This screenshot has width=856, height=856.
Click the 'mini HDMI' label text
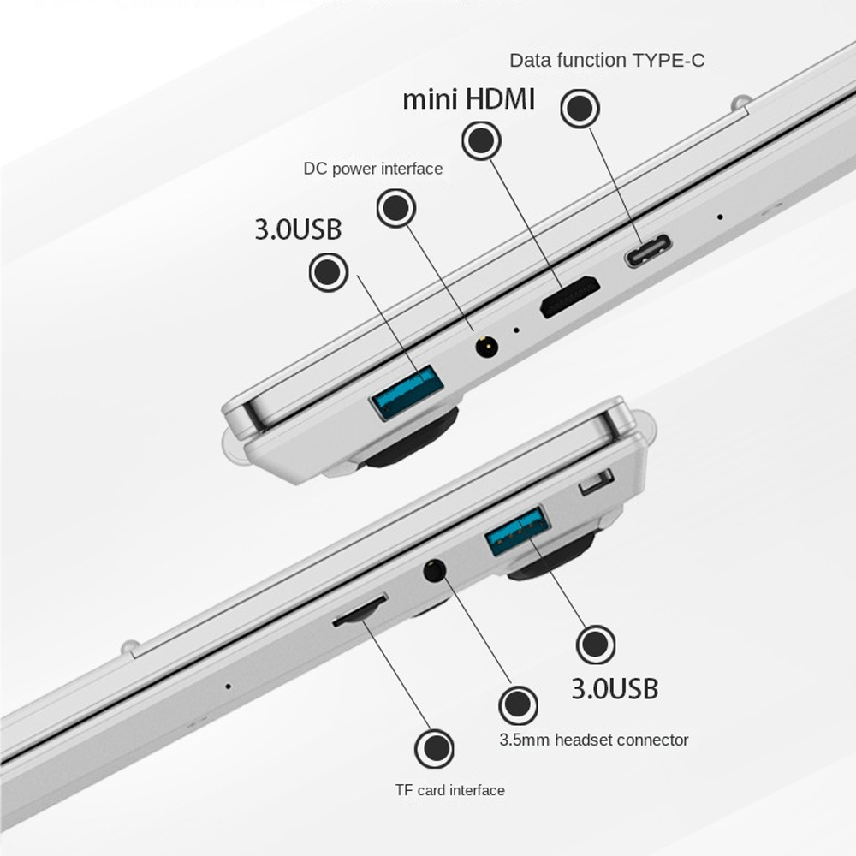pyautogui.click(x=468, y=100)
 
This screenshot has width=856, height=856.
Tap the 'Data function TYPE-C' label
pyautogui.click(x=607, y=60)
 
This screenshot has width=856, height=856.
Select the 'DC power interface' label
pyautogui.click(x=373, y=169)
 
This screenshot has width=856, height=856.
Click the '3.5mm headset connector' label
pyautogui.click(x=594, y=740)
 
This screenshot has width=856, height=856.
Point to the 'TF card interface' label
pyautogui.click(x=450, y=790)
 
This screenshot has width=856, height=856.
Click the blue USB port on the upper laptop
pyautogui.click(x=407, y=392)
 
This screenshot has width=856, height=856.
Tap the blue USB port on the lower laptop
pyautogui.click(x=518, y=531)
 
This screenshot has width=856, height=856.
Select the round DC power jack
pyautogui.click(x=486, y=347)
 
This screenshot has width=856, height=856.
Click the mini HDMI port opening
pyautogui.click(x=570, y=297)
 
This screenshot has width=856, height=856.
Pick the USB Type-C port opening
pyautogui.click(x=648, y=251)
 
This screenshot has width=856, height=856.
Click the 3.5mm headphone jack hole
pyautogui.click(x=435, y=570)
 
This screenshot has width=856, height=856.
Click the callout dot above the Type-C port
pyautogui.click(x=580, y=109)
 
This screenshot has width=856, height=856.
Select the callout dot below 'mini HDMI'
pyautogui.click(x=481, y=140)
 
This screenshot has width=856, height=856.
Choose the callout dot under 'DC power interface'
pyautogui.click(x=396, y=208)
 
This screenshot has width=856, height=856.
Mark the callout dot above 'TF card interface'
pyautogui.click(x=435, y=748)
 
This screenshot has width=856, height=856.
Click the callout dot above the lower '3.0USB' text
pyautogui.click(x=596, y=645)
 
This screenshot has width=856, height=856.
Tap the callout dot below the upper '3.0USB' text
pyautogui.click(x=329, y=271)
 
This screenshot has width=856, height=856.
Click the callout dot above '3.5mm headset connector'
pyautogui.click(x=519, y=706)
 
